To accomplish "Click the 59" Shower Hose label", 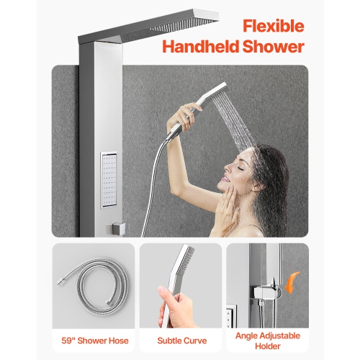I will coord(93,338).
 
